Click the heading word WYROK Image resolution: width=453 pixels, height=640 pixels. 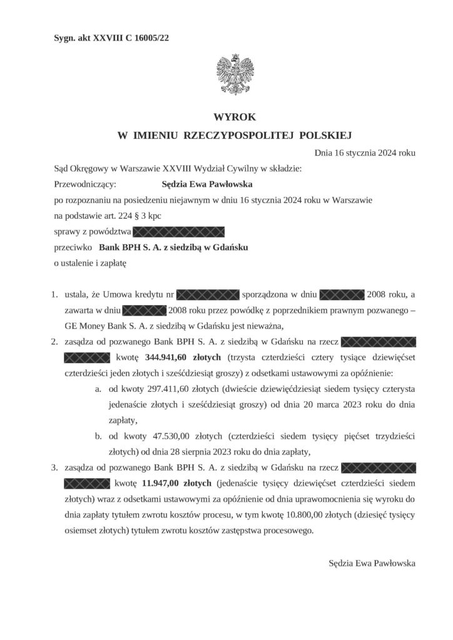(x=226, y=117)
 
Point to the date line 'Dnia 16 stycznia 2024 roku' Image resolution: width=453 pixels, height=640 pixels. (x=364, y=152)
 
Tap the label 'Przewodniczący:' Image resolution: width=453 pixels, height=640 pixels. (x=85, y=184)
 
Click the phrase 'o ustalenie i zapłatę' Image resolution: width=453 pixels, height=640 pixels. (x=91, y=263)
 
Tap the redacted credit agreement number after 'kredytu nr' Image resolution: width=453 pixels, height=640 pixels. (x=208, y=294)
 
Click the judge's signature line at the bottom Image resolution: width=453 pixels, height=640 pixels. (x=372, y=562)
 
